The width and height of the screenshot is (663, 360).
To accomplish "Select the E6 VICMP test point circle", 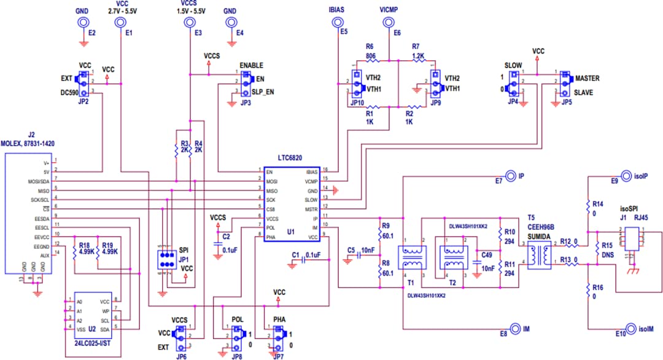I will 388,22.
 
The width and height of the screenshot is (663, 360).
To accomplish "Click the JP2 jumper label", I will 84,101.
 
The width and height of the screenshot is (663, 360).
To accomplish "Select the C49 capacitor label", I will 487,254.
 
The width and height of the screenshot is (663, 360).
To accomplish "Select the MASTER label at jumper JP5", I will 587,79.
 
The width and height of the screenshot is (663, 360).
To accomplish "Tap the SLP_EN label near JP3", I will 263,91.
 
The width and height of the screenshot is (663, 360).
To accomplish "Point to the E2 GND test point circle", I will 81,22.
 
